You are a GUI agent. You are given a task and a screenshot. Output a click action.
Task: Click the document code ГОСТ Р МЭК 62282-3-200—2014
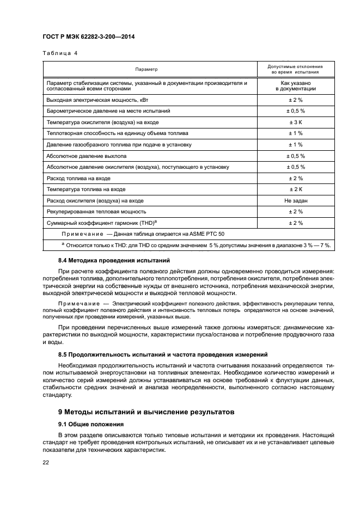tap(89, 37)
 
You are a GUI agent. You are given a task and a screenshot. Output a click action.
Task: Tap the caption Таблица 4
tap(60, 53)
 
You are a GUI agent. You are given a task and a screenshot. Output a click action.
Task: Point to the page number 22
tap(46, 463)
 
